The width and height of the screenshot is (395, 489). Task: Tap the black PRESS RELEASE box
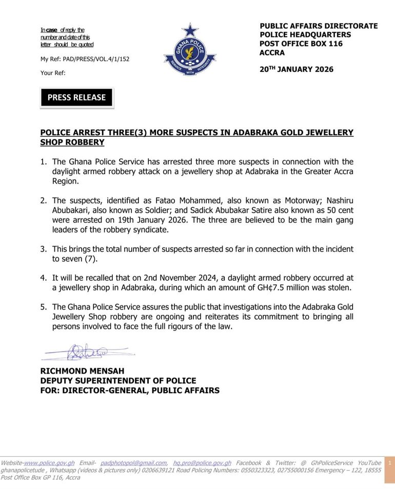tap(76, 97)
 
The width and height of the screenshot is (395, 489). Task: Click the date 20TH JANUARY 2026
tap(297, 69)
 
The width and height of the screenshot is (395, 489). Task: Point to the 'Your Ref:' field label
tap(53, 73)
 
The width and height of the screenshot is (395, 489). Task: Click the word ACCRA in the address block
tap(272, 53)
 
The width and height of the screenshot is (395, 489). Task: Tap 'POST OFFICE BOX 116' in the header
tap(301, 44)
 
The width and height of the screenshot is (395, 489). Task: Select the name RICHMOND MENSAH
tap(82, 371)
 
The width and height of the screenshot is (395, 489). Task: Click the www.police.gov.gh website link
tap(49, 463)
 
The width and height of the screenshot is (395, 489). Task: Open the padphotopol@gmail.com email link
tap(133, 463)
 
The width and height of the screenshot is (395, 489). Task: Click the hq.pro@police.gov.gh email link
tap(202, 463)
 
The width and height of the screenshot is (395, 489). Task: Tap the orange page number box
tap(389, 469)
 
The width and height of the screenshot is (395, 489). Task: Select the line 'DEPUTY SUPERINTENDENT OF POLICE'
tap(118, 381)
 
